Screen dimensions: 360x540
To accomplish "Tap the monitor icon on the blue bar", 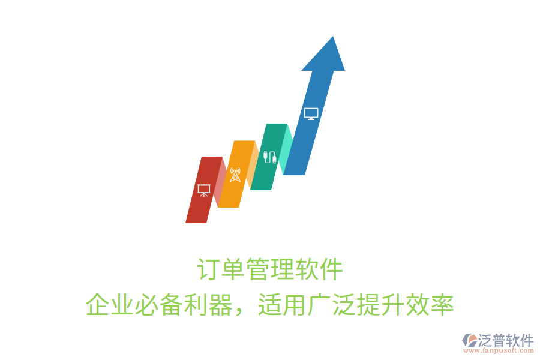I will [310, 113].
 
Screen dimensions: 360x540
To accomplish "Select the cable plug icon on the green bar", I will [269, 157].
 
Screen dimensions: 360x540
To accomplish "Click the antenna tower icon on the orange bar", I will [235, 175].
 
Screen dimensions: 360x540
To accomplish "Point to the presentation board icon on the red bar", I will [204, 190].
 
